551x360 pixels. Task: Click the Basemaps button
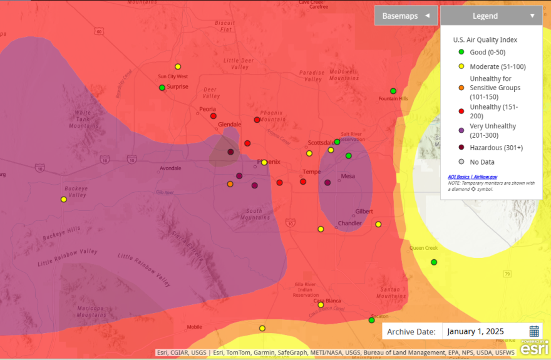(406, 16)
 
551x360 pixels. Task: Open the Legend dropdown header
(491, 16)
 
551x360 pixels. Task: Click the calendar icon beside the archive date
(534, 331)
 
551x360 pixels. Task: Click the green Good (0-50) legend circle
(461, 52)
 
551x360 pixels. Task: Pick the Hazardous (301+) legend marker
(461, 148)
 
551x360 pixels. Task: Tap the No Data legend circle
(461, 162)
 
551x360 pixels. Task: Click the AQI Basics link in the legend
(460, 177)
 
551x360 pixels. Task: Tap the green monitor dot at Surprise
(162, 88)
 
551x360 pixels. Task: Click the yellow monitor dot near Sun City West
(178, 66)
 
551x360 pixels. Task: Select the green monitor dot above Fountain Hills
(393, 91)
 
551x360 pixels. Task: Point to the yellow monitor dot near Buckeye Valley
(63, 200)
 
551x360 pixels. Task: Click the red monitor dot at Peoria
(213, 116)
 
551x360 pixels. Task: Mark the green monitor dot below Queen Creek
(434, 262)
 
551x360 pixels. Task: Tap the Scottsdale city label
(321, 143)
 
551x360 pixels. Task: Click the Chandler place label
(349, 224)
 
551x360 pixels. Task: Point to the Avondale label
(170, 168)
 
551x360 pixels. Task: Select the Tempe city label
(312, 172)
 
